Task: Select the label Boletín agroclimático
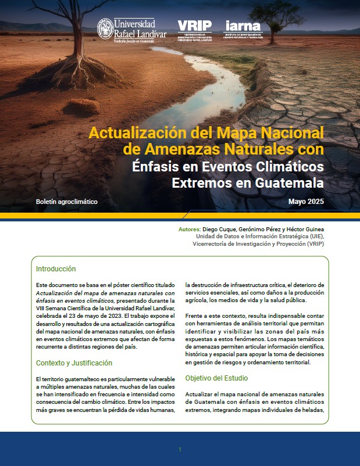pyautogui.click(x=67, y=202)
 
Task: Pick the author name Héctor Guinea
pyautogui.click(x=305, y=230)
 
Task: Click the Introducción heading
pyautogui.click(x=56, y=270)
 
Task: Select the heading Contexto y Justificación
pyautogui.click(x=74, y=363)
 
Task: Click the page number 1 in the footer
pyautogui.click(x=180, y=449)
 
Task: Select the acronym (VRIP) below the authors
pyautogui.click(x=313, y=244)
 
